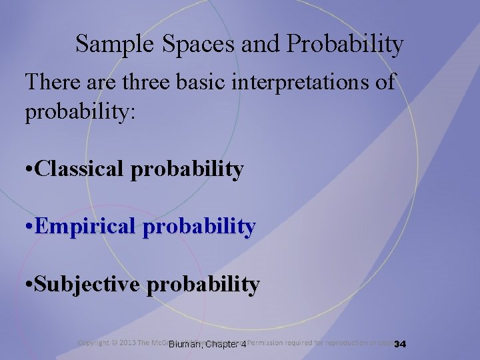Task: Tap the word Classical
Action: (x=81, y=169)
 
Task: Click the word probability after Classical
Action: (x=187, y=169)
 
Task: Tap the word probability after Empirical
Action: (x=199, y=227)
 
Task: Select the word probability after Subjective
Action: (x=203, y=285)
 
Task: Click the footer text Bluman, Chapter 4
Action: (x=207, y=345)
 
